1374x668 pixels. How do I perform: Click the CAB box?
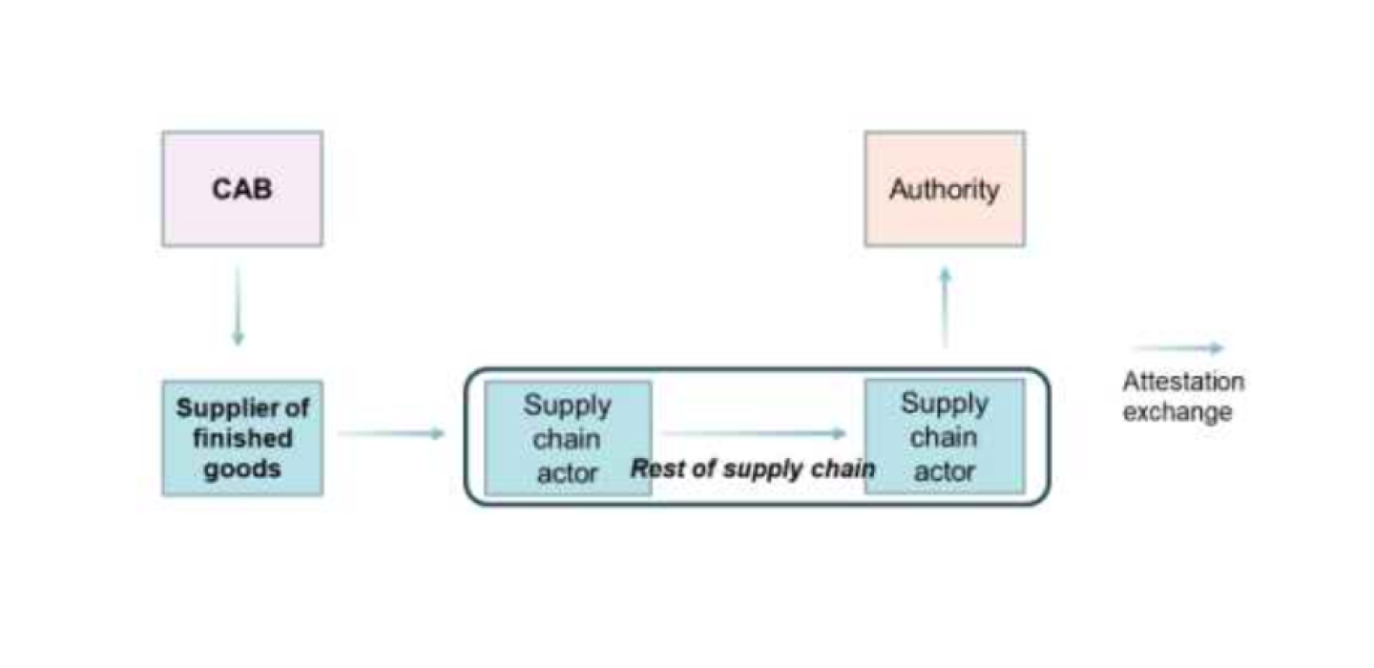point(242,189)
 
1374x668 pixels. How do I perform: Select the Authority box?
point(945,189)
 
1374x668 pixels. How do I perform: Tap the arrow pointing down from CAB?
point(238,305)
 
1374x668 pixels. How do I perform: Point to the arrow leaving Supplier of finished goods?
point(391,434)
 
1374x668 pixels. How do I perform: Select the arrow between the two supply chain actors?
point(754,434)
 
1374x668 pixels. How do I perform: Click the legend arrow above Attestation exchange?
point(1179,349)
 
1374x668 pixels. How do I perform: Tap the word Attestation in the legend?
point(1183,383)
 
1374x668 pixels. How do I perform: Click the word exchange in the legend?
point(1177,412)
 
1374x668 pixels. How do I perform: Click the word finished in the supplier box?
point(242,439)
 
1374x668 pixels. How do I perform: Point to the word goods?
point(242,470)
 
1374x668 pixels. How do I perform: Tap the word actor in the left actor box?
point(568,472)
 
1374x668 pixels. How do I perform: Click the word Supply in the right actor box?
point(945,404)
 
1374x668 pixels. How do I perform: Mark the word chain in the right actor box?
point(945,437)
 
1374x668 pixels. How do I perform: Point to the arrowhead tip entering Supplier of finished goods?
point(238,343)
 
